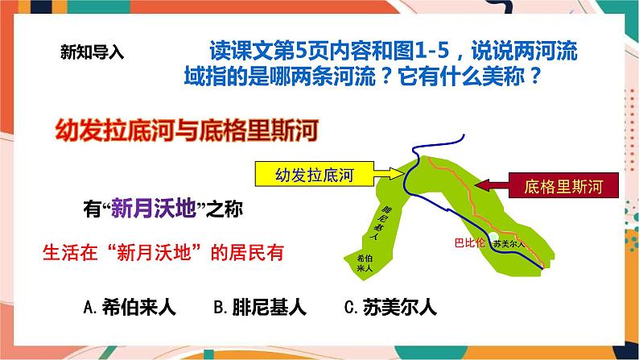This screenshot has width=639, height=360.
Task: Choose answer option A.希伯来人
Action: [130, 306]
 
